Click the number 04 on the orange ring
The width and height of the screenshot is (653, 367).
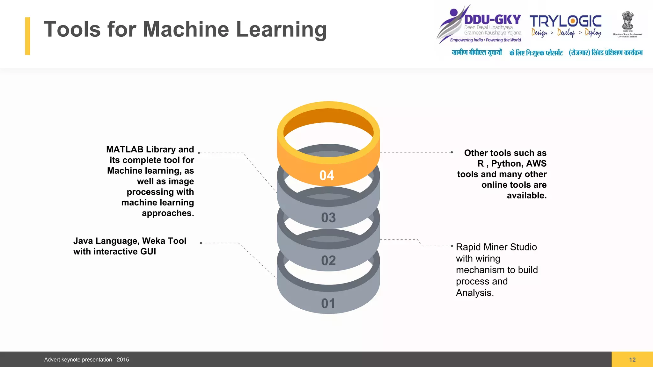[x=327, y=176]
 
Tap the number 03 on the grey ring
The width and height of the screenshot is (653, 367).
[x=328, y=218]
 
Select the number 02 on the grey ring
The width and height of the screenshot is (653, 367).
[x=328, y=261]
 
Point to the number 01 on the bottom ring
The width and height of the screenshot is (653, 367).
[x=328, y=303]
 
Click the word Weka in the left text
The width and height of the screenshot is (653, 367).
[x=154, y=241]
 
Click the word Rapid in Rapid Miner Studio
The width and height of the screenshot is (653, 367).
[x=469, y=247]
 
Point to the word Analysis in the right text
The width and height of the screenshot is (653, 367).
[x=474, y=293]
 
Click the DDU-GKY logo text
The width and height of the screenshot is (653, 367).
[x=493, y=20]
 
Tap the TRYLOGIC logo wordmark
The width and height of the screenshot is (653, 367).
[x=566, y=21]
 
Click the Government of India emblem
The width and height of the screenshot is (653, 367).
[x=627, y=21]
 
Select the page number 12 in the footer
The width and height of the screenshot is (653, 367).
[x=632, y=360]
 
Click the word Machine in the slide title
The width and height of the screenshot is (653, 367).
[x=186, y=29]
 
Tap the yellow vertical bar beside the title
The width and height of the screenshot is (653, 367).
[x=28, y=36]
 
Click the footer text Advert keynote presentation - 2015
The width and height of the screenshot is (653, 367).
[x=86, y=360]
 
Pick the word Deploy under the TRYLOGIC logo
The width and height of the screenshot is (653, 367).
[x=593, y=32]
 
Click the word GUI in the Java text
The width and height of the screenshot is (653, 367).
[x=148, y=252]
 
